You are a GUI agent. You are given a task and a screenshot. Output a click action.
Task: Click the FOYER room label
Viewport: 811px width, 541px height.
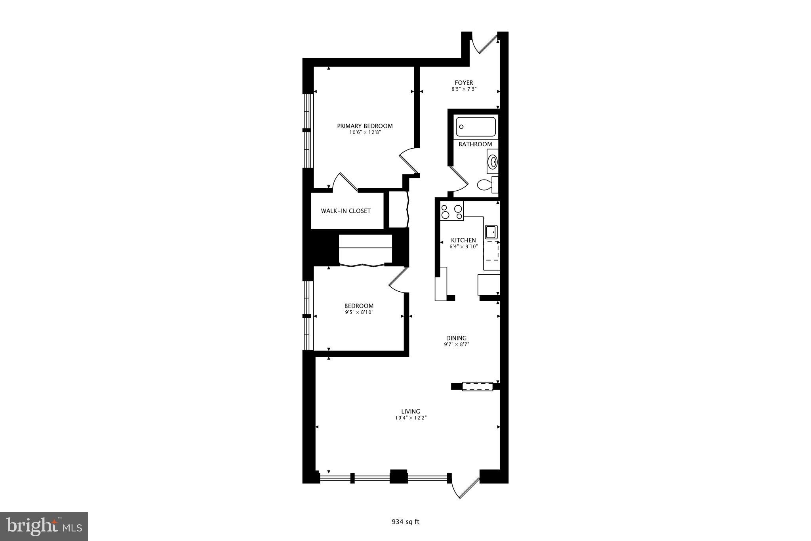coord(464,83)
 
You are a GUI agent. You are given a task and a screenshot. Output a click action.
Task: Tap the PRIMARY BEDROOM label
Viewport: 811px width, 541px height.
coord(365,126)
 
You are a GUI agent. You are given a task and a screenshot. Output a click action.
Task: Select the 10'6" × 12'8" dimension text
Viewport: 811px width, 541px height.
coord(365,132)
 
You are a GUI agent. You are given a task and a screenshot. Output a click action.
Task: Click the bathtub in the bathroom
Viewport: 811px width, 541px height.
coord(476,127)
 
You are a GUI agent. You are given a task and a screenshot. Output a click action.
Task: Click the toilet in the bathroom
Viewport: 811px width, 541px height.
coord(485,185)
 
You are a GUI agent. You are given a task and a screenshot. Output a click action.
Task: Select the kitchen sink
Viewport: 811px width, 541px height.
coord(491,232)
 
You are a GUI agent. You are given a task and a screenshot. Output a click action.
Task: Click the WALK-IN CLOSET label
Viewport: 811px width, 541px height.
coord(346,211)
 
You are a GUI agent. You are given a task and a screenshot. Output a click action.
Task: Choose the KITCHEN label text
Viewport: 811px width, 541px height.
coord(463,240)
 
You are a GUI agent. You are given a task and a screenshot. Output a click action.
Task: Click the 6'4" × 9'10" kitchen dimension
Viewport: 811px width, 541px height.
coord(463,247)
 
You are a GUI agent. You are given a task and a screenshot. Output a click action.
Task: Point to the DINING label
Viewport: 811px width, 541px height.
coord(456,338)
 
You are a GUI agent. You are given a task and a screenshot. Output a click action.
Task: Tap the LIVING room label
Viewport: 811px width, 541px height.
coord(410,411)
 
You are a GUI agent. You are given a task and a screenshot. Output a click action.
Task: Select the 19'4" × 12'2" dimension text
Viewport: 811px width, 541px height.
coord(410,418)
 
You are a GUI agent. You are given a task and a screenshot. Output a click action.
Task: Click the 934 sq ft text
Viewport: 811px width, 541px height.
coord(405,522)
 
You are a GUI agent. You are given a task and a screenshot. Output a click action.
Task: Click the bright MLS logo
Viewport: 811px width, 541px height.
coord(44,526)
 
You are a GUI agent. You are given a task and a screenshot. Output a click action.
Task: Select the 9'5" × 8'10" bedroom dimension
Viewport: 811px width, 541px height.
coord(359,312)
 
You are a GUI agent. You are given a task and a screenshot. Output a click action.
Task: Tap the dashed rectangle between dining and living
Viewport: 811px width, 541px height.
coord(478,386)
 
